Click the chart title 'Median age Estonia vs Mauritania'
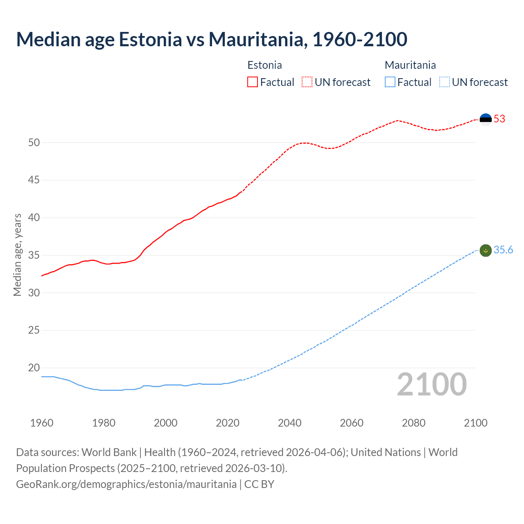pos(211,39)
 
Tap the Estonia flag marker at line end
pos(485,119)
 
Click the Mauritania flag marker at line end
pos(485,250)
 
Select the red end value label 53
pos(499,119)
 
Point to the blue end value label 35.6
pos(503,250)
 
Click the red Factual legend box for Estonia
pos(253,82)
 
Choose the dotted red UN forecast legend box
pos(307,82)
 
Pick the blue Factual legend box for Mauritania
pos(390,82)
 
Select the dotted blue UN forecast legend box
pos(444,82)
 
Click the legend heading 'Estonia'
pos(264,65)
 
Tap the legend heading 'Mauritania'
pos(410,65)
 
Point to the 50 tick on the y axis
pos(34,143)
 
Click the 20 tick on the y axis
pos(34,368)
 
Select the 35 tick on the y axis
pos(34,255)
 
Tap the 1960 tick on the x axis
pos(42,423)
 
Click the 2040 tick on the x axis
pos(289,423)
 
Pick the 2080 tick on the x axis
pos(413,423)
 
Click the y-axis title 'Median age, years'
pos(17,255)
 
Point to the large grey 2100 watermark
pos(431,384)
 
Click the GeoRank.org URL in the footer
pos(126,484)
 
